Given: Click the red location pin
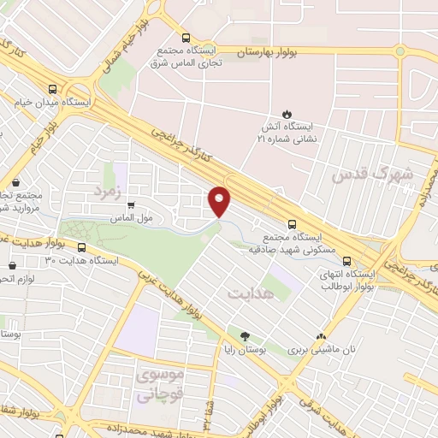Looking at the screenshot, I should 221,200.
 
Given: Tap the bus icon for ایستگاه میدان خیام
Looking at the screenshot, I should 54,88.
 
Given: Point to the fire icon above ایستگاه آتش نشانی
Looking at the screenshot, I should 287,115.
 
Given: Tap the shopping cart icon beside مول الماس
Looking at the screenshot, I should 130,205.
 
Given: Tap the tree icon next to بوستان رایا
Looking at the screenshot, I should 246,337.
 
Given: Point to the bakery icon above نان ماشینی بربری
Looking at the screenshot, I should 322,337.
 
